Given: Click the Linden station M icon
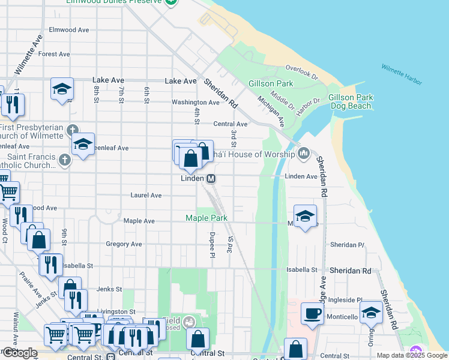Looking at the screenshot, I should pos(211,179).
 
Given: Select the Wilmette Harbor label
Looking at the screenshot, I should pos(402,74).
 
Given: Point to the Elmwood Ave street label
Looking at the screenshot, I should pos(68,29).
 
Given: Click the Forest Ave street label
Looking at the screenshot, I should pos(55,54).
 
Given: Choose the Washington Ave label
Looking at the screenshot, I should pos(196,103).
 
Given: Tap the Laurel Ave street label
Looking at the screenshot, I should pos(146,196).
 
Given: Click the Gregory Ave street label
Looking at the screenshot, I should pos(124,244).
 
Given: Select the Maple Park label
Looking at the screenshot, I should pos(206,218).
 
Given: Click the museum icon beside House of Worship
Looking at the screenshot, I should pos(304,154).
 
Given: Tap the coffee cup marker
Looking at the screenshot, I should pos(312,314).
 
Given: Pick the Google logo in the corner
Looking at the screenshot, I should pos(19,353).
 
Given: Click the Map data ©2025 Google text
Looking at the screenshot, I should pos(412,355).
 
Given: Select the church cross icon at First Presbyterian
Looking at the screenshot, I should pos(72,129).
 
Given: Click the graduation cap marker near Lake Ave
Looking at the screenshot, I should pos(62,89).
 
